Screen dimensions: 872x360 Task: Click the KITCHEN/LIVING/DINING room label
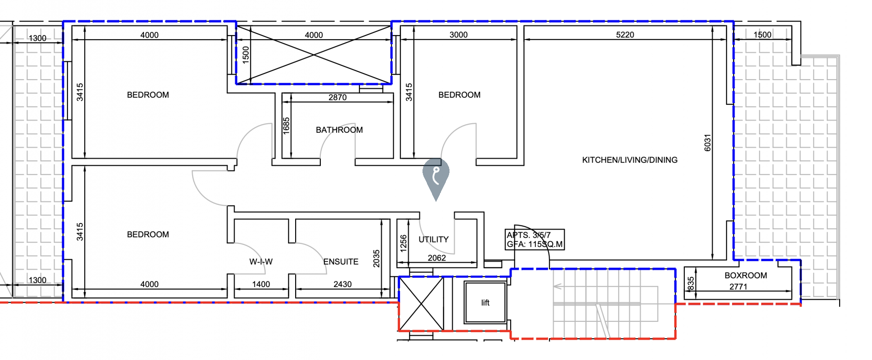[x=629, y=160]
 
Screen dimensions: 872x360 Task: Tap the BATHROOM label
[x=339, y=130]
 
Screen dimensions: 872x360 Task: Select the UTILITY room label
[x=434, y=239]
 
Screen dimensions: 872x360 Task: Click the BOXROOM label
[x=746, y=275]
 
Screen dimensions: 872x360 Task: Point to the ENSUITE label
[x=341, y=261]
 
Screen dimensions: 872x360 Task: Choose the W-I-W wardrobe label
[x=261, y=261]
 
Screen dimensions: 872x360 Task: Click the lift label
[x=485, y=303]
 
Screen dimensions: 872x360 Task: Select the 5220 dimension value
[x=625, y=35]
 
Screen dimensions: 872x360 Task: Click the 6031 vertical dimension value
[x=707, y=143]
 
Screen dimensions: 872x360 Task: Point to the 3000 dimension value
[x=458, y=35]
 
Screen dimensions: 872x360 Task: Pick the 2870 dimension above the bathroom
[x=337, y=97]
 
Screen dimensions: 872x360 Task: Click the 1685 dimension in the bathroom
[x=286, y=126]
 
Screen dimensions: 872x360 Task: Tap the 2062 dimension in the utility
[x=437, y=258]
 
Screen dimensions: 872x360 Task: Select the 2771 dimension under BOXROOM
[x=738, y=287]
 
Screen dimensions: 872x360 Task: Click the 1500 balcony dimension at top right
[x=762, y=35]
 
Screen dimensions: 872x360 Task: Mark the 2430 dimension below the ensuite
[x=342, y=284]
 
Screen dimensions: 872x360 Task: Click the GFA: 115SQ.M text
[x=535, y=244]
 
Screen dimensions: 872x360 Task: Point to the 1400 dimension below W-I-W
[x=261, y=284]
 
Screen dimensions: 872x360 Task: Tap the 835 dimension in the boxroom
[x=691, y=283]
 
